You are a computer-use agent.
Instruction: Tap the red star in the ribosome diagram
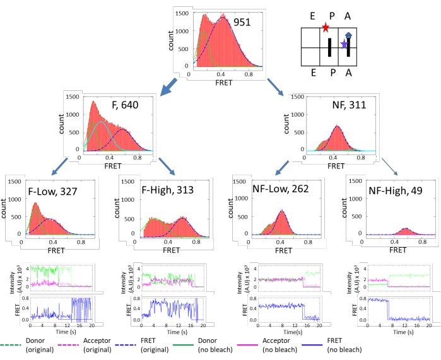(325, 28)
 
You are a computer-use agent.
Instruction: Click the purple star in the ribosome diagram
(344, 44)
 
